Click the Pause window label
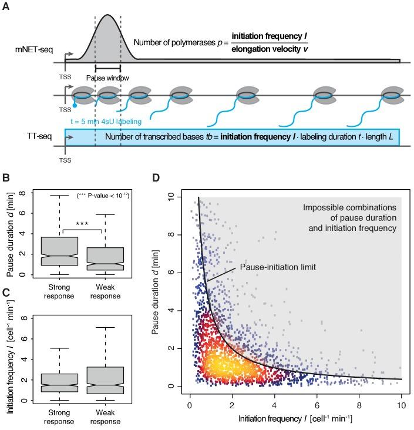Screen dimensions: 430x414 [x=107, y=78]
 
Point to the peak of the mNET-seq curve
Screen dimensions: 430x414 [x=107, y=15]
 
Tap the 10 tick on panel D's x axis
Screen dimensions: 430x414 [x=400, y=405]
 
